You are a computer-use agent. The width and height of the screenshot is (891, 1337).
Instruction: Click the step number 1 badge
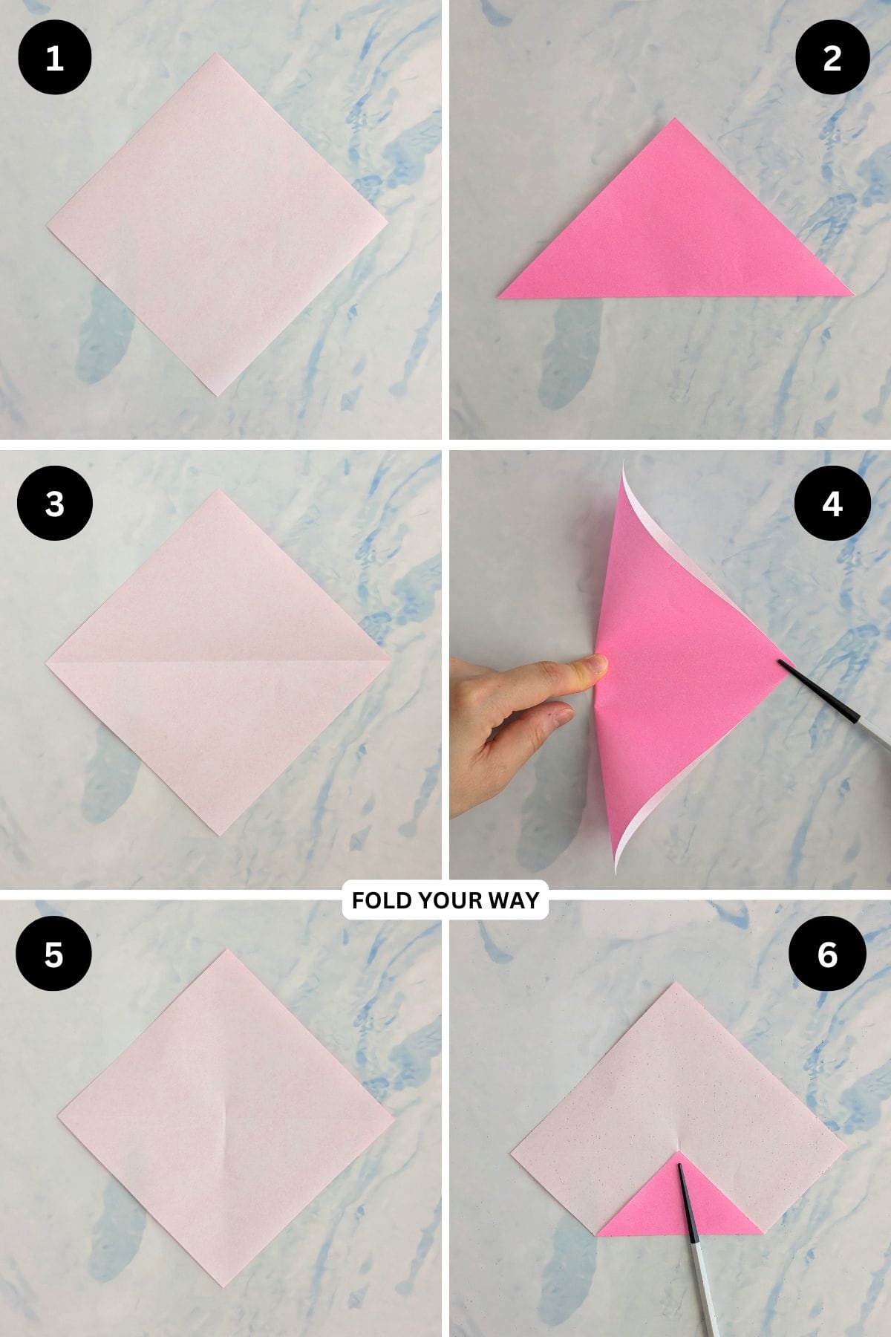54,58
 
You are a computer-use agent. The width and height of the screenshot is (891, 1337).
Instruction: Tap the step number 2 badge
832,58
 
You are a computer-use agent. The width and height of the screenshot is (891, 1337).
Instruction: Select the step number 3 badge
54,504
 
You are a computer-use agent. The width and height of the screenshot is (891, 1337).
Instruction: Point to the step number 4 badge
832,504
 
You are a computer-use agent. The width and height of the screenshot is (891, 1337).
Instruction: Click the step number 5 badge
54,954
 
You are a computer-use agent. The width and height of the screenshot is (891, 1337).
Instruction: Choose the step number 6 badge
827,954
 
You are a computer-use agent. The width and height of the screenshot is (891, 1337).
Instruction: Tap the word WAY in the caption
512,900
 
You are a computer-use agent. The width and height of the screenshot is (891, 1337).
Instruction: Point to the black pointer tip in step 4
782,663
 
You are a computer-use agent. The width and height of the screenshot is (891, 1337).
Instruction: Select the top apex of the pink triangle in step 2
674,120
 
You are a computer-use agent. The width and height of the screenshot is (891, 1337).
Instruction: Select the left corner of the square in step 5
60,1116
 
